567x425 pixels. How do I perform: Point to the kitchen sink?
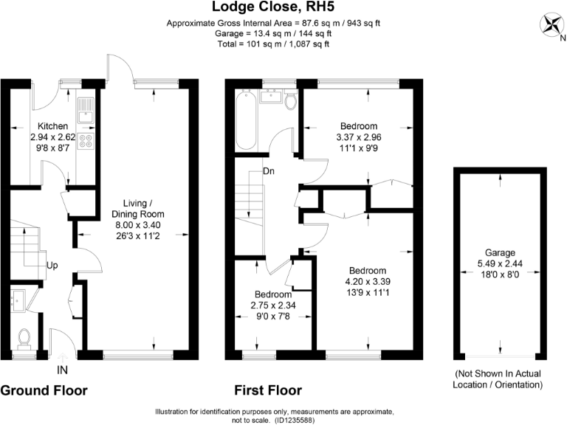86,110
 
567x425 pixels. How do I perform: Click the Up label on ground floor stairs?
53,264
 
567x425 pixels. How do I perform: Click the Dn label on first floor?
269,172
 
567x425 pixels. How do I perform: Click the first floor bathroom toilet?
290,101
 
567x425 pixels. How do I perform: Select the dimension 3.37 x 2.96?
358,137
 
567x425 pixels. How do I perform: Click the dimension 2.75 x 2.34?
272,305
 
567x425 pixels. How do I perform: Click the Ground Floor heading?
44,390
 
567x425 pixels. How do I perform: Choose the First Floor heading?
267,390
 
